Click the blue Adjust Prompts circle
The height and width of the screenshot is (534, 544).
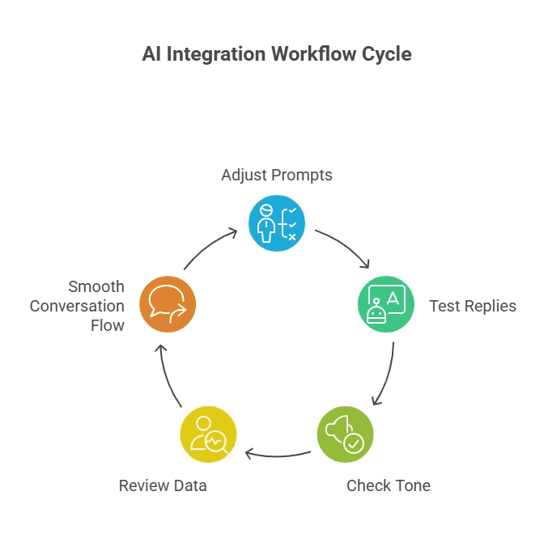point(276,223)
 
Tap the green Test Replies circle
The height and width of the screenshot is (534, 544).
point(386,305)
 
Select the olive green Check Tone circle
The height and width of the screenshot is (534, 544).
point(345,434)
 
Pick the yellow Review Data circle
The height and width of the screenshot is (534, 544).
point(208,434)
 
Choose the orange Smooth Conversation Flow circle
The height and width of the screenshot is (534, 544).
point(168,305)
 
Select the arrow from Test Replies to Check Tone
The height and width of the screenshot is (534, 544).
point(387,374)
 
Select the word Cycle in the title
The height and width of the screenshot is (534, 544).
point(388,55)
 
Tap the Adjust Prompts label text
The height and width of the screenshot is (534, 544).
point(277,175)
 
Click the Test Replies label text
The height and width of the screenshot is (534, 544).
point(473,306)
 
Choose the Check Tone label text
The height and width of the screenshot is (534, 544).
point(389,485)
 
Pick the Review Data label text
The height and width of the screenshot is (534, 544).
point(163,485)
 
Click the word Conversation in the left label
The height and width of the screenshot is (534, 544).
point(77,306)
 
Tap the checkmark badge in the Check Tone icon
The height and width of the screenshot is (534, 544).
point(354,443)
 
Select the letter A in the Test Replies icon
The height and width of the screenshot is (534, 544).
point(393,299)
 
